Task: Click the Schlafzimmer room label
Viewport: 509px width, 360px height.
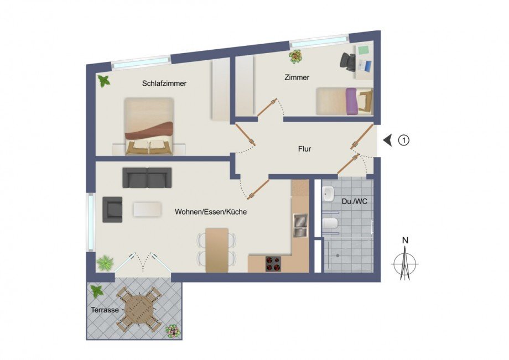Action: tap(164, 84)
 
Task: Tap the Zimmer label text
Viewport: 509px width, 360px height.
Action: tap(298, 77)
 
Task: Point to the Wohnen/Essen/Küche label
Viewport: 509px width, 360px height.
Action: tap(211, 212)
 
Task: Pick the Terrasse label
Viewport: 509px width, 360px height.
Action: tap(105, 310)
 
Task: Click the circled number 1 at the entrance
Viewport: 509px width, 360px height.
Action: tap(404, 140)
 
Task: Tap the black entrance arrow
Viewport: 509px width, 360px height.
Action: tap(388, 140)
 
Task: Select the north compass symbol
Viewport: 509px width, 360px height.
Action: tap(405, 260)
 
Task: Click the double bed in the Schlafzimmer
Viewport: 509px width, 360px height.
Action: tap(149, 126)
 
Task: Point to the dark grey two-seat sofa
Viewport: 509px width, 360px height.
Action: tap(147, 178)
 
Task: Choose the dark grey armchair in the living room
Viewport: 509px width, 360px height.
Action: tap(112, 209)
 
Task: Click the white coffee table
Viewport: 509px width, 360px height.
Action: tap(147, 208)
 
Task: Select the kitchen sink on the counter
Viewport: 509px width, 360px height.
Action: tap(299, 225)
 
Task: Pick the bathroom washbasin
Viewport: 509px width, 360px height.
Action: tap(328, 194)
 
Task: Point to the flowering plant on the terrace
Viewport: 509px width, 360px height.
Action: tap(173, 331)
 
